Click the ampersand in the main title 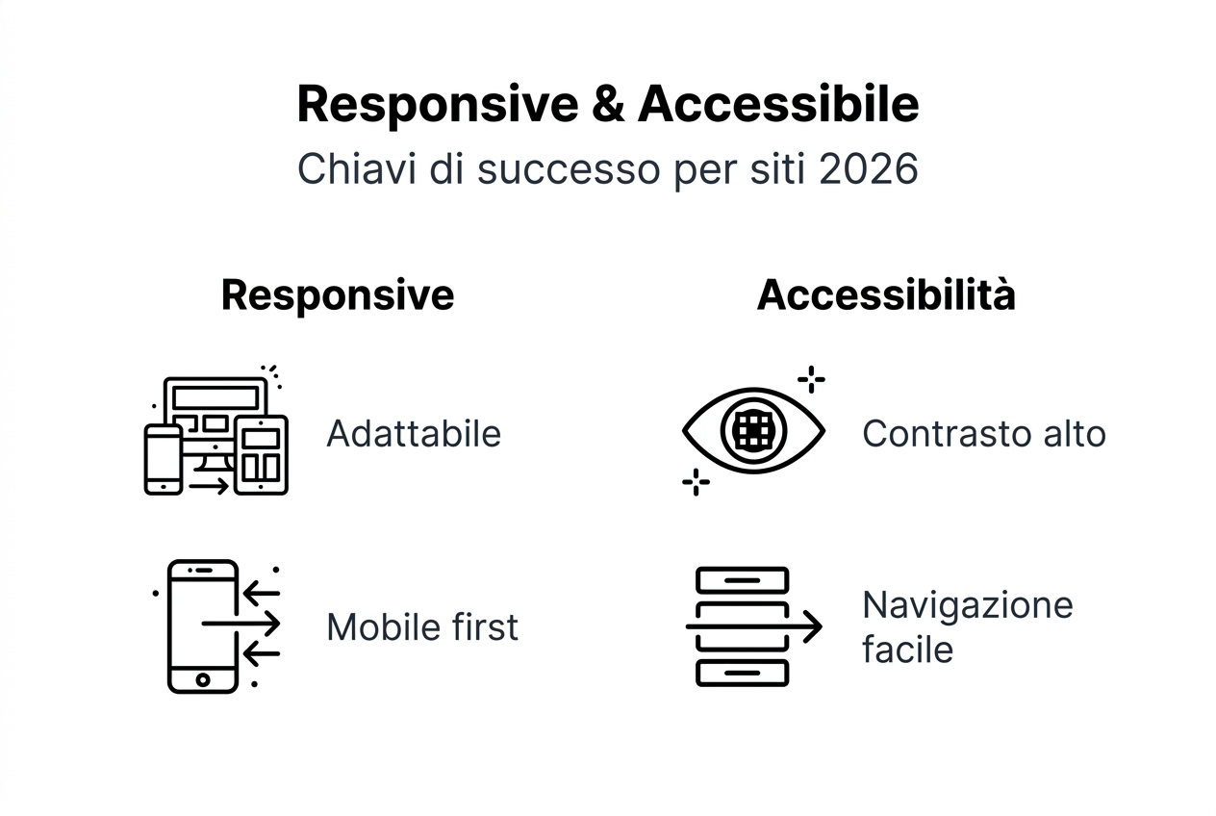(x=609, y=105)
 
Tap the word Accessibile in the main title (x=777, y=105)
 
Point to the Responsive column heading (x=337, y=294)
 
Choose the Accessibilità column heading (x=885, y=294)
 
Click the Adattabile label (x=414, y=434)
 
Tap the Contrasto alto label (x=983, y=434)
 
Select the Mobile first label (x=422, y=627)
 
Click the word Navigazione (x=967, y=605)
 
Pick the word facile (x=907, y=650)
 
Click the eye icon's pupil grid (x=753, y=431)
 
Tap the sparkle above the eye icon (x=811, y=379)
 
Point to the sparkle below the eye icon (x=696, y=482)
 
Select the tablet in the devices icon (x=261, y=455)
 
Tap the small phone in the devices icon (x=163, y=460)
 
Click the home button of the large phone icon (x=202, y=680)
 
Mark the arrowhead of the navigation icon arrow (x=815, y=626)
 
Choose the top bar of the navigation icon (x=742, y=580)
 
